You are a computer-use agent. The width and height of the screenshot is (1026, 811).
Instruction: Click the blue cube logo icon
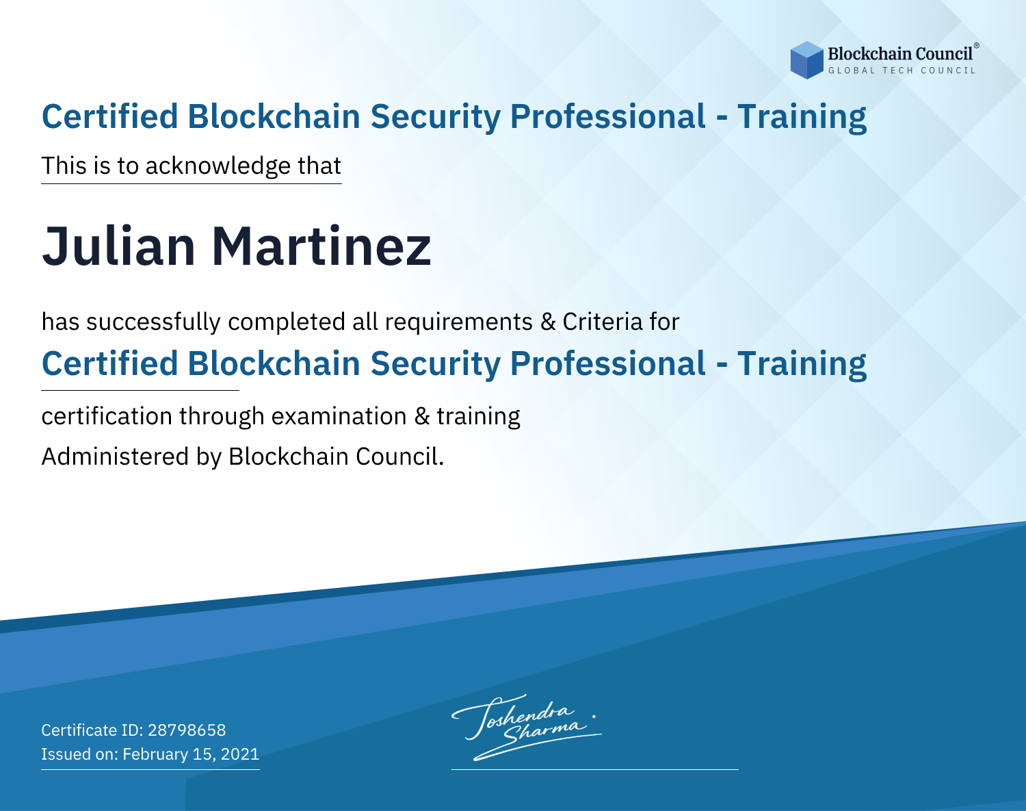tap(806, 60)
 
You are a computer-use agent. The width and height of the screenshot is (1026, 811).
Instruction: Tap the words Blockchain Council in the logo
tap(900, 54)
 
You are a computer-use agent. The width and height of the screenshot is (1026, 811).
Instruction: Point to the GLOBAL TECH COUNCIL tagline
tap(902, 70)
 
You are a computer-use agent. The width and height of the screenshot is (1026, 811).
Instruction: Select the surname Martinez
tap(321, 246)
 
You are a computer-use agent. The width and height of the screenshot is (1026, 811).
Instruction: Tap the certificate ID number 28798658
tap(187, 730)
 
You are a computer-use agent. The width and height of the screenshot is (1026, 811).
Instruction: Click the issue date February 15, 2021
tap(191, 754)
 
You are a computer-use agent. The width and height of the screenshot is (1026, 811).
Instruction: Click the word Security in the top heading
tap(435, 117)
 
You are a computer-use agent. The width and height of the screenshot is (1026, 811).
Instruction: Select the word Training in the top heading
tap(802, 117)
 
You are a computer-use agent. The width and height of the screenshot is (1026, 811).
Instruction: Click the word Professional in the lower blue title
tap(608, 364)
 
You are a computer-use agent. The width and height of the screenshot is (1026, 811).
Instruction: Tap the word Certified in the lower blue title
tap(110, 364)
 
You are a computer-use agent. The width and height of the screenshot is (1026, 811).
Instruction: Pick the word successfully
tap(153, 322)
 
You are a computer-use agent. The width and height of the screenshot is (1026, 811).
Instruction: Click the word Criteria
tap(603, 322)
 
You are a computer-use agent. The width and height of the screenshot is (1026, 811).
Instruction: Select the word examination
tap(339, 416)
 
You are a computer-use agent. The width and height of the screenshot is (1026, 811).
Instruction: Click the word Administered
tap(116, 456)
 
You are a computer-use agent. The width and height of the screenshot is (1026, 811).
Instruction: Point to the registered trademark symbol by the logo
tap(977, 46)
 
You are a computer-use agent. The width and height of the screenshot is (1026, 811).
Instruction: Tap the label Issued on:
tap(79, 754)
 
